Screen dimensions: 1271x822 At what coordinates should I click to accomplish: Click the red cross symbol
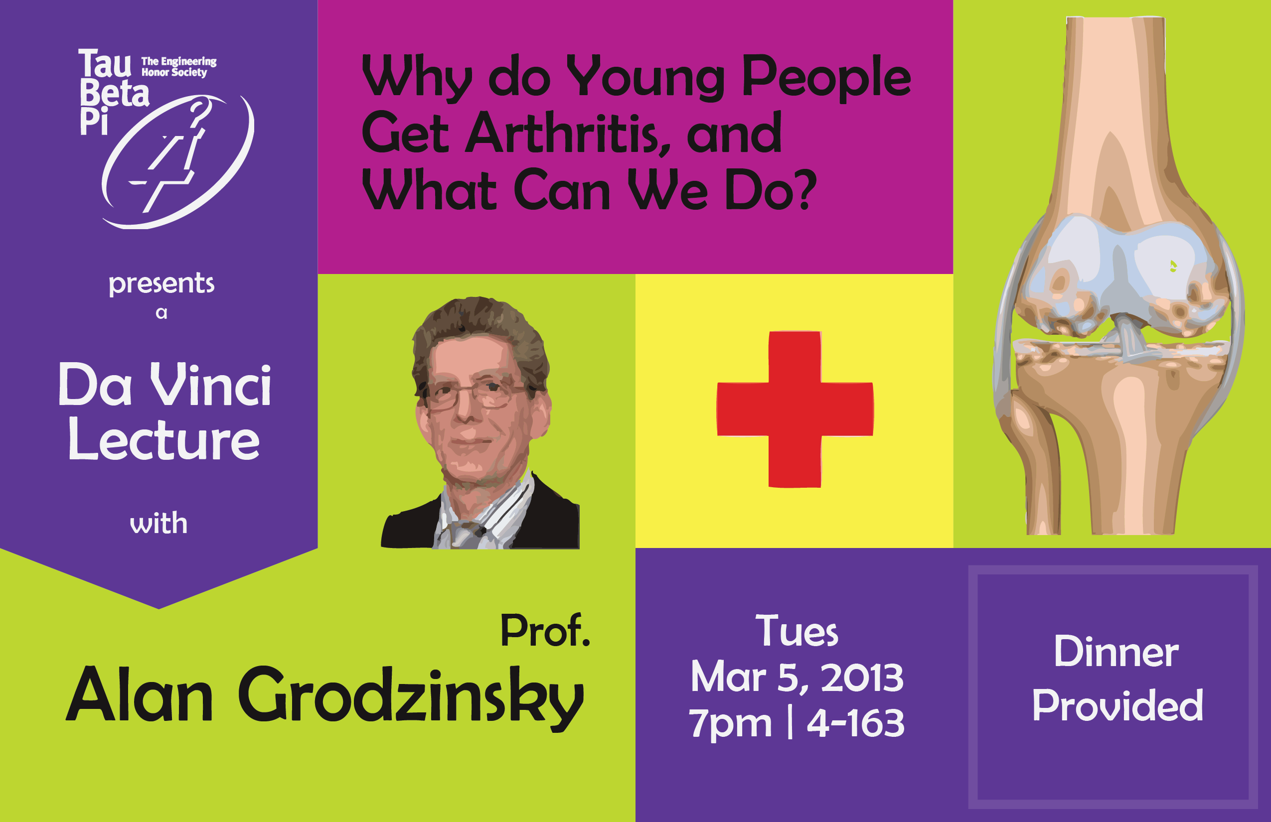point(794,409)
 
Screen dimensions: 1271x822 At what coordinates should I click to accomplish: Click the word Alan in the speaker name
point(140,693)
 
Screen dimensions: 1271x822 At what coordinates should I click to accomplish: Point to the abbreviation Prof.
point(545,630)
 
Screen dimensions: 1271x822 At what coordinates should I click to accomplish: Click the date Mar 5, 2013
point(797,678)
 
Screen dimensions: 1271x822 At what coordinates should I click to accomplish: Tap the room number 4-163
point(855,723)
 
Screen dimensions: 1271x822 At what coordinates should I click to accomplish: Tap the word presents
point(161,284)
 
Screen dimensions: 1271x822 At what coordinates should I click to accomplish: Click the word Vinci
point(210,384)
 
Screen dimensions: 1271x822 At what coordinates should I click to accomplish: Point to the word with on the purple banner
point(159,523)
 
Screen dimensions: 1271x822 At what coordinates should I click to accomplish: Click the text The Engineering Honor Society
point(179,67)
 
